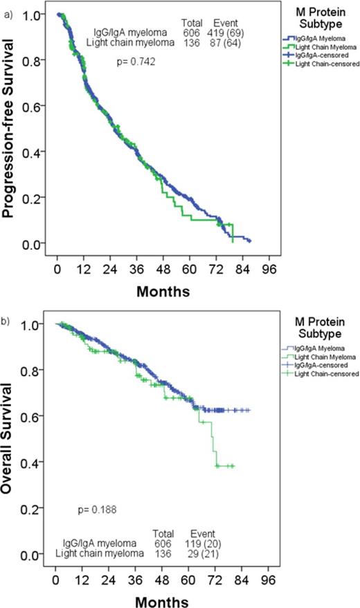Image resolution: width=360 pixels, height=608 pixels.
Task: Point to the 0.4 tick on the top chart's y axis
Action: pyautogui.click(x=39, y=152)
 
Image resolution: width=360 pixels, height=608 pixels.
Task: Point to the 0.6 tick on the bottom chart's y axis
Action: pyautogui.click(x=39, y=416)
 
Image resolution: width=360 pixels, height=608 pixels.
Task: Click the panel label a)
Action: pyautogui.click(x=7, y=8)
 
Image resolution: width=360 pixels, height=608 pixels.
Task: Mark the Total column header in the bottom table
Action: pyautogui.click(x=160, y=533)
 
